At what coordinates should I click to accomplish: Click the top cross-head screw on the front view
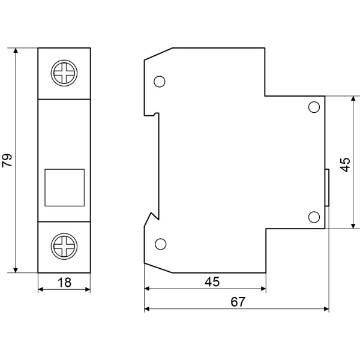[64, 74]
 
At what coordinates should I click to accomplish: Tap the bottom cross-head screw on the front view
[64, 246]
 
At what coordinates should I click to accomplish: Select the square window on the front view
[65, 188]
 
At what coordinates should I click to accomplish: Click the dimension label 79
[7, 160]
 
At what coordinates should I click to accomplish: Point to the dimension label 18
[64, 282]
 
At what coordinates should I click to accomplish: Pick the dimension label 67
[237, 302]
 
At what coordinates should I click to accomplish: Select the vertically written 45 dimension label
[345, 164]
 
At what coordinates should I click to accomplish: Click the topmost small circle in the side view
[160, 82]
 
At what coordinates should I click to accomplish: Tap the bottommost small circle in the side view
[160, 244]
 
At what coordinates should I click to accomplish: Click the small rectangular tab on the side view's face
[327, 188]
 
